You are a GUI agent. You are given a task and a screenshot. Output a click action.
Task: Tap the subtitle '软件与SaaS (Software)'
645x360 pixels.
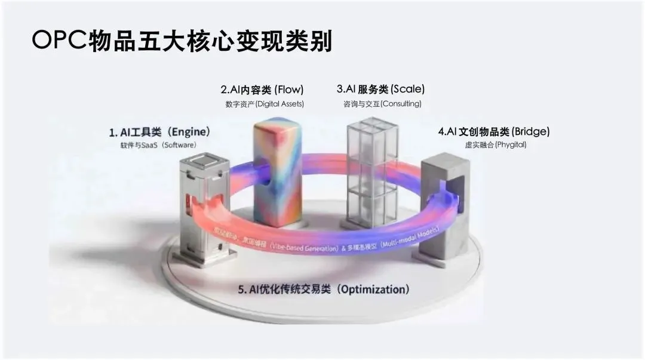tap(158, 145)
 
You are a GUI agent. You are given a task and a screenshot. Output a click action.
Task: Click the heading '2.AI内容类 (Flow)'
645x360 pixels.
tap(262, 90)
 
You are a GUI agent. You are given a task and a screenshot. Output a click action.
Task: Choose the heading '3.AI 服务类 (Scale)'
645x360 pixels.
tap(380, 90)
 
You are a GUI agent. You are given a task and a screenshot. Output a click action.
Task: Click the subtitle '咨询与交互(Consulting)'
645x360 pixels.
tap(382, 104)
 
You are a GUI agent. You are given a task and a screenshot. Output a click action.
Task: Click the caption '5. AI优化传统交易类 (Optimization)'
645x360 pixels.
tap(324, 290)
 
